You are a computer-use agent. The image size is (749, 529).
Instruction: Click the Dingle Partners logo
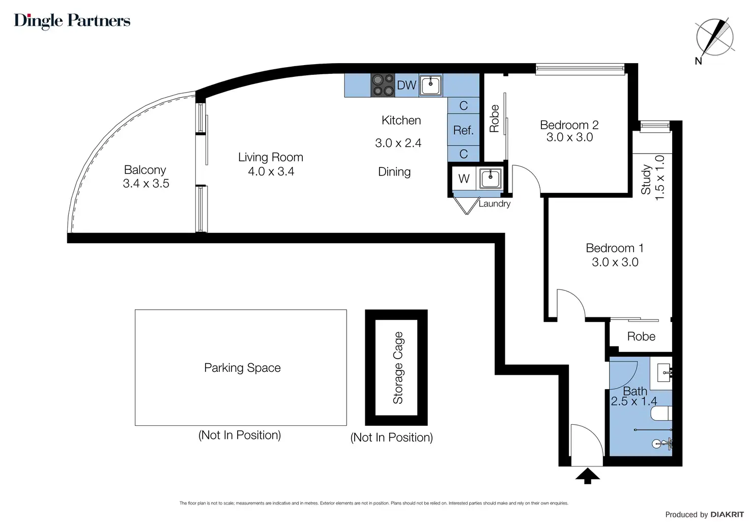pyautogui.click(x=72, y=21)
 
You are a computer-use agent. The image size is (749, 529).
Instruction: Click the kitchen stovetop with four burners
pyautogui.click(x=383, y=85)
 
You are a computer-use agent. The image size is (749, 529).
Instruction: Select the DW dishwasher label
pyautogui.click(x=407, y=85)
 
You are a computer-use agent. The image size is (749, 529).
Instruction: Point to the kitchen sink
pyautogui.click(x=430, y=85)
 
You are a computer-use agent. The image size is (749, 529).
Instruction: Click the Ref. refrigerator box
pyautogui.click(x=464, y=130)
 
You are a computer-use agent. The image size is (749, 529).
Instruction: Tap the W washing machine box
pyautogui.click(x=464, y=179)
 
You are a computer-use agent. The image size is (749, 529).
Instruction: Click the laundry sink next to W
pyautogui.click(x=490, y=179)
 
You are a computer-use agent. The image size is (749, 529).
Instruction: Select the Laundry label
pyautogui.click(x=495, y=203)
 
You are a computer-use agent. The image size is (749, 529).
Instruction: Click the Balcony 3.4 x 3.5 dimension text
pyautogui.click(x=146, y=184)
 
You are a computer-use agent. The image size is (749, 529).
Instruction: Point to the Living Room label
pyautogui.click(x=271, y=157)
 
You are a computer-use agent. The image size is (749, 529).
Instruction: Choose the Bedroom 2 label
pyautogui.click(x=569, y=125)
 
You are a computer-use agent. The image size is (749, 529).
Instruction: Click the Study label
pyautogui.click(x=646, y=180)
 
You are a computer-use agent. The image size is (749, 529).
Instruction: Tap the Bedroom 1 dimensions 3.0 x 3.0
pyautogui.click(x=615, y=262)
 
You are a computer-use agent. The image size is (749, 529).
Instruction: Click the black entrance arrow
pyautogui.click(x=588, y=476)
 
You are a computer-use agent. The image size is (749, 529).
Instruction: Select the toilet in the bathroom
pyautogui.click(x=661, y=414)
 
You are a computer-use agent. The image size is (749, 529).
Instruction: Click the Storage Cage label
pyautogui.click(x=398, y=368)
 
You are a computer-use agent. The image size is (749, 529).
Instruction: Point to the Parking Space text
pyautogui.click(x=242, y=368)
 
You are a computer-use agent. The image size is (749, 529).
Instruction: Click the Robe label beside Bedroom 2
pyautogui.click(x=494, y=119)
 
